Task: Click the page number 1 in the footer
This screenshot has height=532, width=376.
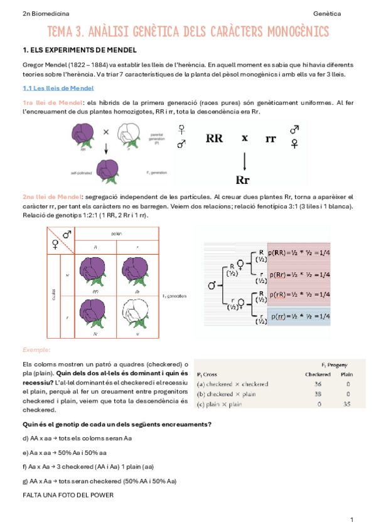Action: (352, 519)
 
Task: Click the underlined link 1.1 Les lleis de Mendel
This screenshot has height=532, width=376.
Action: (49, 88)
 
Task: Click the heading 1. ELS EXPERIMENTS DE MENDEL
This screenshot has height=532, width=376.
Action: (79, 50)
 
